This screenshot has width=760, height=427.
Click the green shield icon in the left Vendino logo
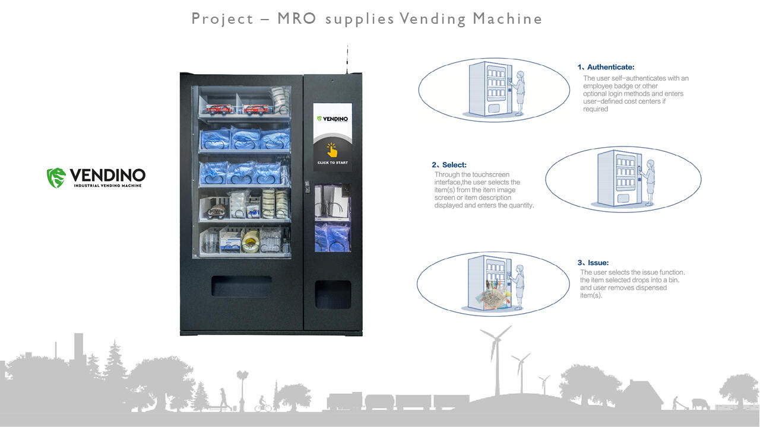(x=56, y=177)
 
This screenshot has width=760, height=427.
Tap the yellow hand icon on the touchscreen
(x=332, y=149)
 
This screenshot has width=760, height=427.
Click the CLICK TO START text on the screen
(x=332, y=162)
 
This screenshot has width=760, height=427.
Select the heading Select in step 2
(x=454, y=165)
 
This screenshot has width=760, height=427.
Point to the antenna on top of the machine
(x=347, y=59)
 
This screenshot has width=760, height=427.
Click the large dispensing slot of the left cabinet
(x=242, y=286)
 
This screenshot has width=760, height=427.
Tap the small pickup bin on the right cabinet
(x=332, y=294)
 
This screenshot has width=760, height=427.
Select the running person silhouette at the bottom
(x=223, y=399)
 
